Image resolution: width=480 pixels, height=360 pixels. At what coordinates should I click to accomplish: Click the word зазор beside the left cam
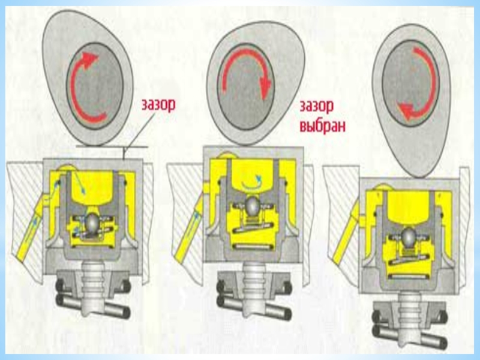point(158,104)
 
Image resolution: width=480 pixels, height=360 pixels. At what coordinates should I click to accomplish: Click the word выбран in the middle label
point(322,125)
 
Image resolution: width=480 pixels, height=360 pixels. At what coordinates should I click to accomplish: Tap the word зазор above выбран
point(316,106)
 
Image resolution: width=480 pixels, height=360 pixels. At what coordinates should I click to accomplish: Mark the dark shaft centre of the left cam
point(95,86)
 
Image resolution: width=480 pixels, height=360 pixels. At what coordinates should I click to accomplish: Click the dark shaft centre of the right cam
point(410,83)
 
